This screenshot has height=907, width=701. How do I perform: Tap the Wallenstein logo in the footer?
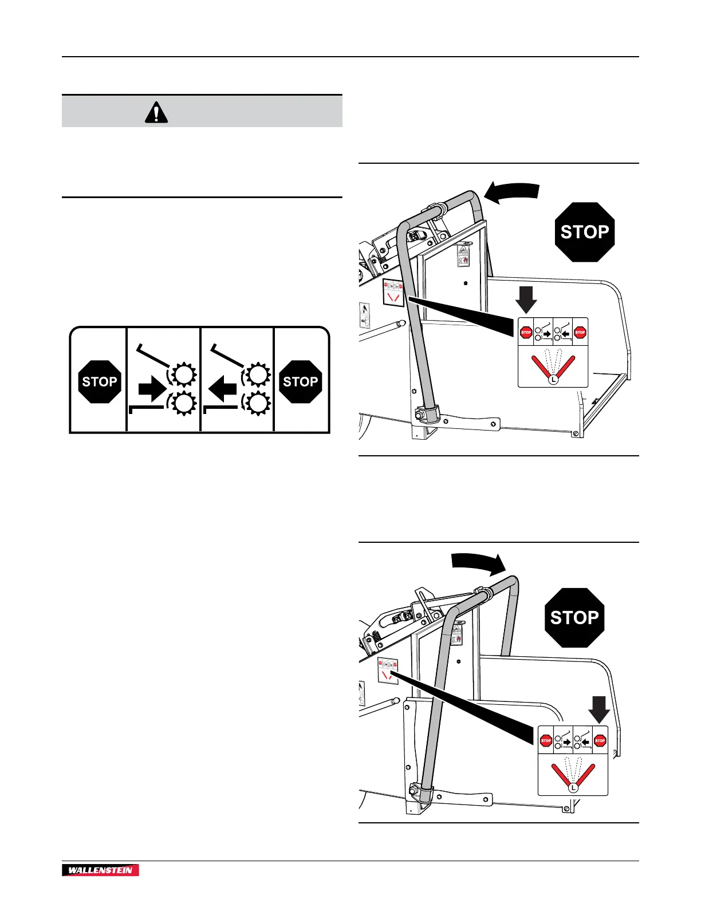point(100,870)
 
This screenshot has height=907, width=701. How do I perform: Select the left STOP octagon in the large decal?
point(100,381)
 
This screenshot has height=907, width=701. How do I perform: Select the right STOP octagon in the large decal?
point(300,381)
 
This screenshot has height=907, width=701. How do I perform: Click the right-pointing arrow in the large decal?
point(151,392)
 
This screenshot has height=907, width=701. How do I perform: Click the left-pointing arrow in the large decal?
point(222,392)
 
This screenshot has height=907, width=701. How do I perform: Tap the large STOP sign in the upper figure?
point(584,232)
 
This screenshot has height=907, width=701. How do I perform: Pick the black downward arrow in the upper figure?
point(526,299)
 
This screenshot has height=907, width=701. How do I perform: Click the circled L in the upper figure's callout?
point(553,379)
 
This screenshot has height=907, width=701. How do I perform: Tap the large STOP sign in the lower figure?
point(574,618)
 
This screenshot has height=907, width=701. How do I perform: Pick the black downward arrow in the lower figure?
point(600,709)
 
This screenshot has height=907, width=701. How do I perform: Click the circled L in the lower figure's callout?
point(573,788)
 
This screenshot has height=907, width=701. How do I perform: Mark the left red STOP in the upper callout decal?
point(526,332)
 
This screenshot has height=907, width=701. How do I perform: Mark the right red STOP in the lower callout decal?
point(600,740)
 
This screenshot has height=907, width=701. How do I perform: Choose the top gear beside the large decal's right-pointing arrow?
point(184,374)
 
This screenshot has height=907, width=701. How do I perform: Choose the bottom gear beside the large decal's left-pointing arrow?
point(259,405)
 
